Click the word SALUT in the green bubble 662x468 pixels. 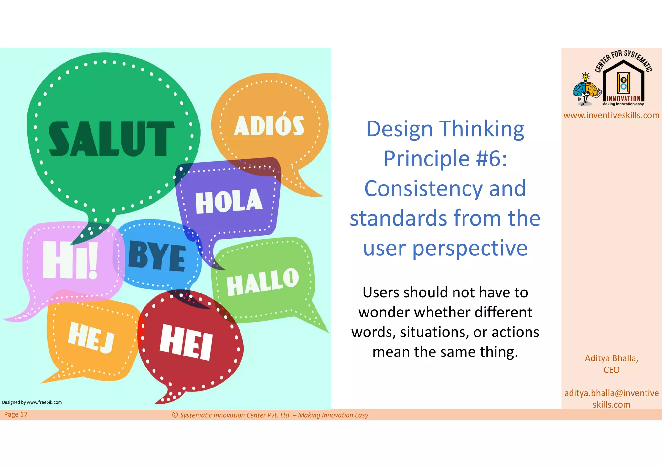[x=111, y=139]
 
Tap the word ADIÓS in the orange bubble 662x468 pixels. [x=269, y=126]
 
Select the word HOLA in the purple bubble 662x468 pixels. [x=229, y=202]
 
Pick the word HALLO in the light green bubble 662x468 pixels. [x=262, y=282]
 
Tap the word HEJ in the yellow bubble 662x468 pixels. [x=91, y=337]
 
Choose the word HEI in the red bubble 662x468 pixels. [x=187, y=342]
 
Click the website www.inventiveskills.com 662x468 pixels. [x=611, y=115]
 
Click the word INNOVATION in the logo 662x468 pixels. [x=624, y=99]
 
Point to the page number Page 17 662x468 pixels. [x=16, y=414]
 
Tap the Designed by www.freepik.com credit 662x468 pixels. [x=32, y=402]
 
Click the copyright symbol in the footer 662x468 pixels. [x=175, y=415]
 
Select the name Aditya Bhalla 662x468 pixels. [x=611, y=358]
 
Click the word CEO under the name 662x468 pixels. [x=611, y=370]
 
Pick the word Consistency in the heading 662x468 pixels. [x=424, y=188]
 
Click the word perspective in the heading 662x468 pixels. [x=470, y=248]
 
